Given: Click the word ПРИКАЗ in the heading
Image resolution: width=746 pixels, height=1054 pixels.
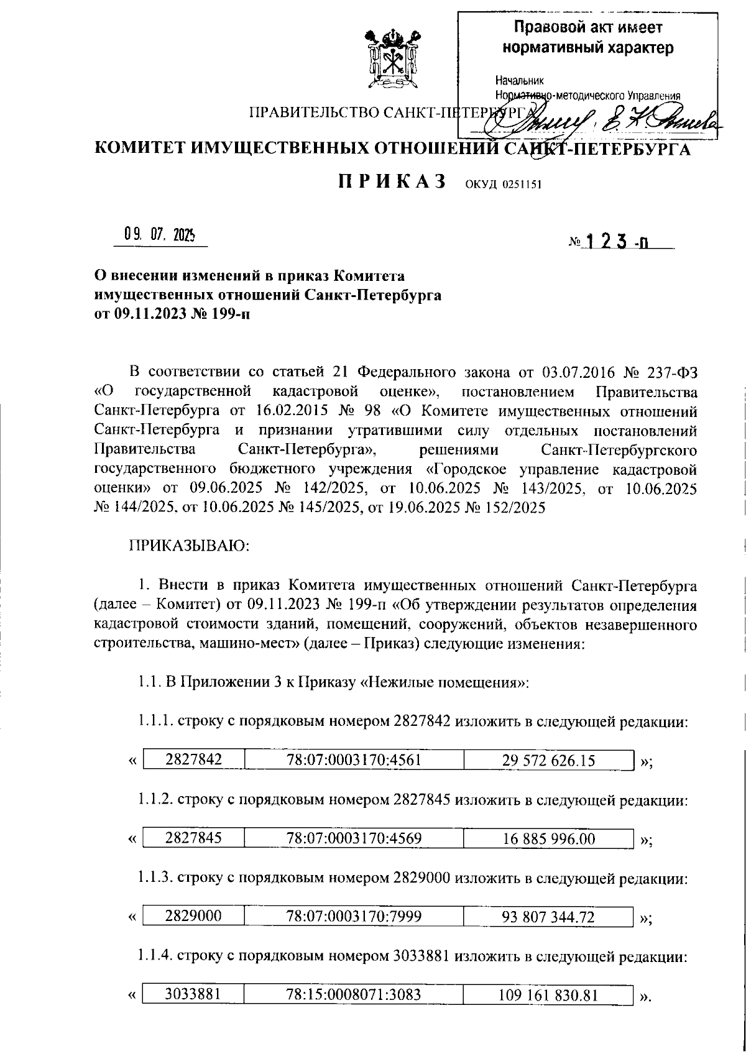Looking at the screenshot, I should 392,181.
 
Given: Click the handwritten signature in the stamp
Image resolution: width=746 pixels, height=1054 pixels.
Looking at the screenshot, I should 597,117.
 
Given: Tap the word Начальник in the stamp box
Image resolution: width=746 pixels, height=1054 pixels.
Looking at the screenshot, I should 520,81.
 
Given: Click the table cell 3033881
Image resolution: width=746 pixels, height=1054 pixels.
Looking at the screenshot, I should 193,994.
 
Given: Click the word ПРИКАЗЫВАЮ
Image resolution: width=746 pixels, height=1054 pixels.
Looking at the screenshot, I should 189,546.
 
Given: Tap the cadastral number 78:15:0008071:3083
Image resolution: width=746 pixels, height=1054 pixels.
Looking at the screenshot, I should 354,995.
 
